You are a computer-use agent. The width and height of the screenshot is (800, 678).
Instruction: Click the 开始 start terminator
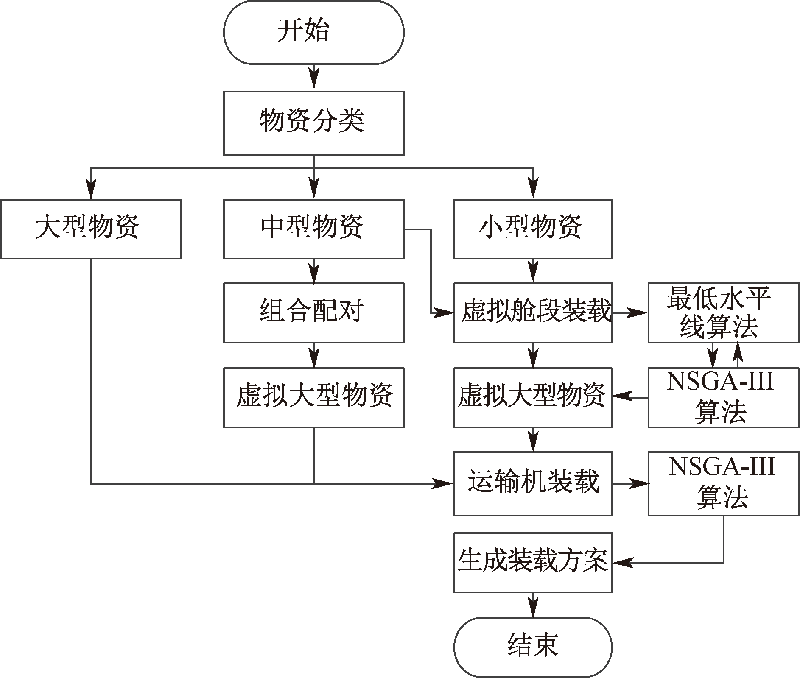pyautogui.click(x=313, y=32)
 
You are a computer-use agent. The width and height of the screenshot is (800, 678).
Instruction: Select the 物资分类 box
pyautogui.click(x=313, y=123)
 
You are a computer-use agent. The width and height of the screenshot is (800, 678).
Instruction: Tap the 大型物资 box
pyautogui.click(x=91, y=229)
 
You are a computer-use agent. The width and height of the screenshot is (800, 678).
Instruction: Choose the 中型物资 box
pyautogui.click(x=313, y=229)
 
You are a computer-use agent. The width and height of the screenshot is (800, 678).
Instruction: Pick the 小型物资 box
pyautogui.click(x=533, y=229)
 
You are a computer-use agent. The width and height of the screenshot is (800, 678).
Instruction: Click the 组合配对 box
pyautogui.click(x=313, y=312)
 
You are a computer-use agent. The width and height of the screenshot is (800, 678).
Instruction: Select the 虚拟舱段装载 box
pyautogui.click(x=533, y=312)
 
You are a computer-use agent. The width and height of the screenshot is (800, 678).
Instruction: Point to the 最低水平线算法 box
pyautogui.click(x=723, y=312)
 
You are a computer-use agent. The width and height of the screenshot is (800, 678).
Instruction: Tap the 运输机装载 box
pyautogui.click(x=533, y=483)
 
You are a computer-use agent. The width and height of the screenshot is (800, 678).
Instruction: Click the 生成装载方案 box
pyautogui.click(x=533, y=562)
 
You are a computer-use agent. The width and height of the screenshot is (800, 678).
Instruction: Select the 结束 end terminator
pyautogui.click(x=533, y=647)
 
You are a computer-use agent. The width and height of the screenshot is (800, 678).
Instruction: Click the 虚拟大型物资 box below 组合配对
pyautogui.click(x=313, y=397)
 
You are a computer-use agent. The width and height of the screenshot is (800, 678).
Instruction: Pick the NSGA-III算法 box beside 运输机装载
pyautogui.click(x=723, y=483)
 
